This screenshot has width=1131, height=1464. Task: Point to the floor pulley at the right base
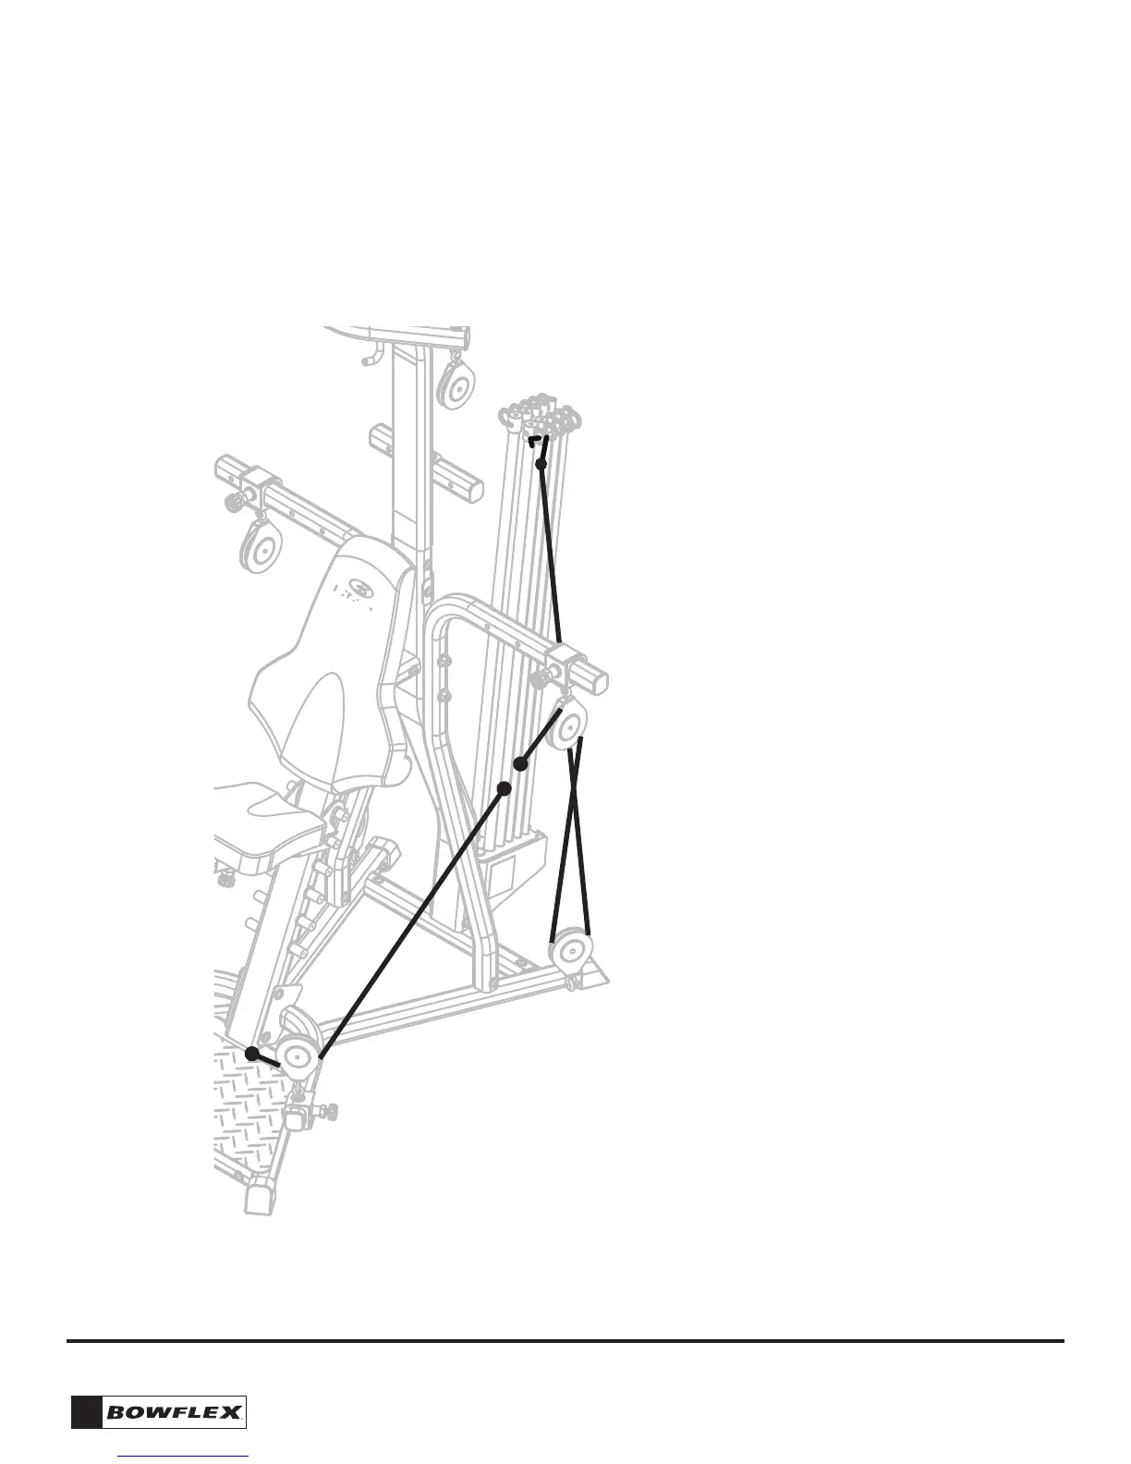(571, 952)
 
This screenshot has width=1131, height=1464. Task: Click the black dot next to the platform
(252, 1053)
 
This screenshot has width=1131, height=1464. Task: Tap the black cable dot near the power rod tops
(541, 463)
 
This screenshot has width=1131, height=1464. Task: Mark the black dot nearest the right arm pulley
(521, 764)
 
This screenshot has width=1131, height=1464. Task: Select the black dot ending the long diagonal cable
(505, 787)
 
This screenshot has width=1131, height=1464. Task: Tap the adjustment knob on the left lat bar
(235, 503)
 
